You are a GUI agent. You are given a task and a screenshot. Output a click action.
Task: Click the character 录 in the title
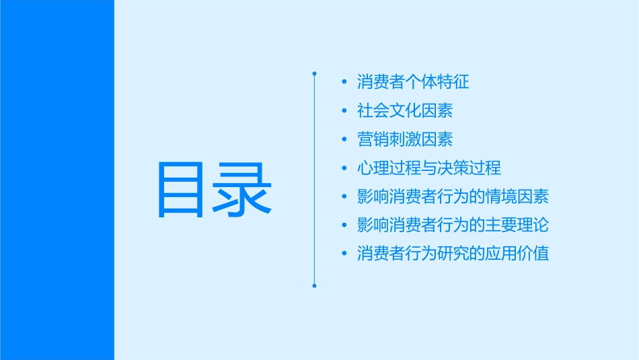tap(243, 189)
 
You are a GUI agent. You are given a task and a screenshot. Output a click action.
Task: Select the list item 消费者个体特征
tap(413, 82)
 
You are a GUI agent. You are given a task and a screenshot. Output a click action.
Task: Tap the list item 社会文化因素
tap(405, 110)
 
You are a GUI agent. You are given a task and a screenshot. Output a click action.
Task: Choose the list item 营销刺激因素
tap(405, 139)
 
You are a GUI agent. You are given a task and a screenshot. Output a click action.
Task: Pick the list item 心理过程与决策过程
tap(429, 168)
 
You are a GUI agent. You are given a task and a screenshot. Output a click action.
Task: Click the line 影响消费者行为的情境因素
tap(453, 196)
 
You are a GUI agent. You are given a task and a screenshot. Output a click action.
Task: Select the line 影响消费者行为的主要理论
tap(453, 225)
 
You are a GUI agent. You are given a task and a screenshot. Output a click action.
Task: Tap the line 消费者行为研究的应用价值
tap(453, 254)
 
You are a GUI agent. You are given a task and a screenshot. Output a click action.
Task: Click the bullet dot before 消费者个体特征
tap(345, 83)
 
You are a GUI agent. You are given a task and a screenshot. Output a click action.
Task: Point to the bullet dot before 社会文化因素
tap(345, 111)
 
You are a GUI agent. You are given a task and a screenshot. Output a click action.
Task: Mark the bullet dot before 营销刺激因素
tap(345, 140)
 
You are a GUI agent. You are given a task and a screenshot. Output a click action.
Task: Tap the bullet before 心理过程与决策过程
tap(345, 168)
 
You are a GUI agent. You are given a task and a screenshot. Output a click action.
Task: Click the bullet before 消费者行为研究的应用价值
tap(345, 254)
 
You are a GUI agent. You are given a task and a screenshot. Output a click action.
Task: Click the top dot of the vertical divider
tap(314, 71)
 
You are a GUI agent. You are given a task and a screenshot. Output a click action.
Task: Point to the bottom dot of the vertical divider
tap(314, 286)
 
